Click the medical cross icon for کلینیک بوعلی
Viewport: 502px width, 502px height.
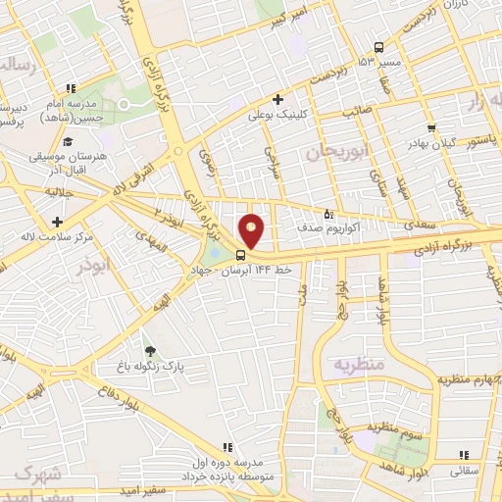(278, 98)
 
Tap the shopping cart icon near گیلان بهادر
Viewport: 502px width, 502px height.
(430, 128)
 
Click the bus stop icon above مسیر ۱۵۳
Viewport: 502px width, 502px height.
(378, 47)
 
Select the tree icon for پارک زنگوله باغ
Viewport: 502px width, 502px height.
(149, 350)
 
